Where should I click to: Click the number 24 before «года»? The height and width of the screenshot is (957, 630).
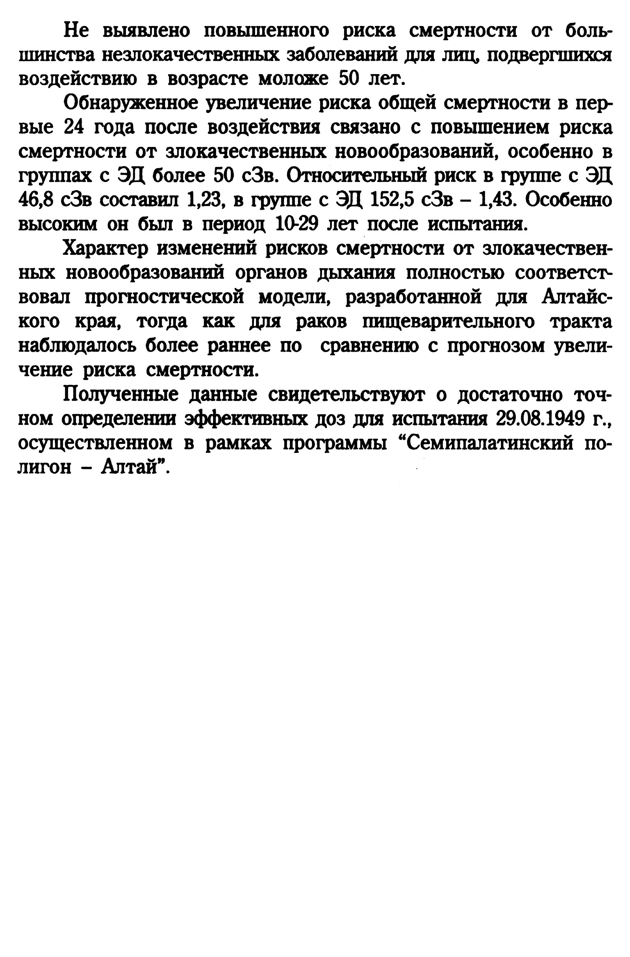[x=74, y=128]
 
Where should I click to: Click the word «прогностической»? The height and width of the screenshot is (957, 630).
[x=165, y=298]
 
